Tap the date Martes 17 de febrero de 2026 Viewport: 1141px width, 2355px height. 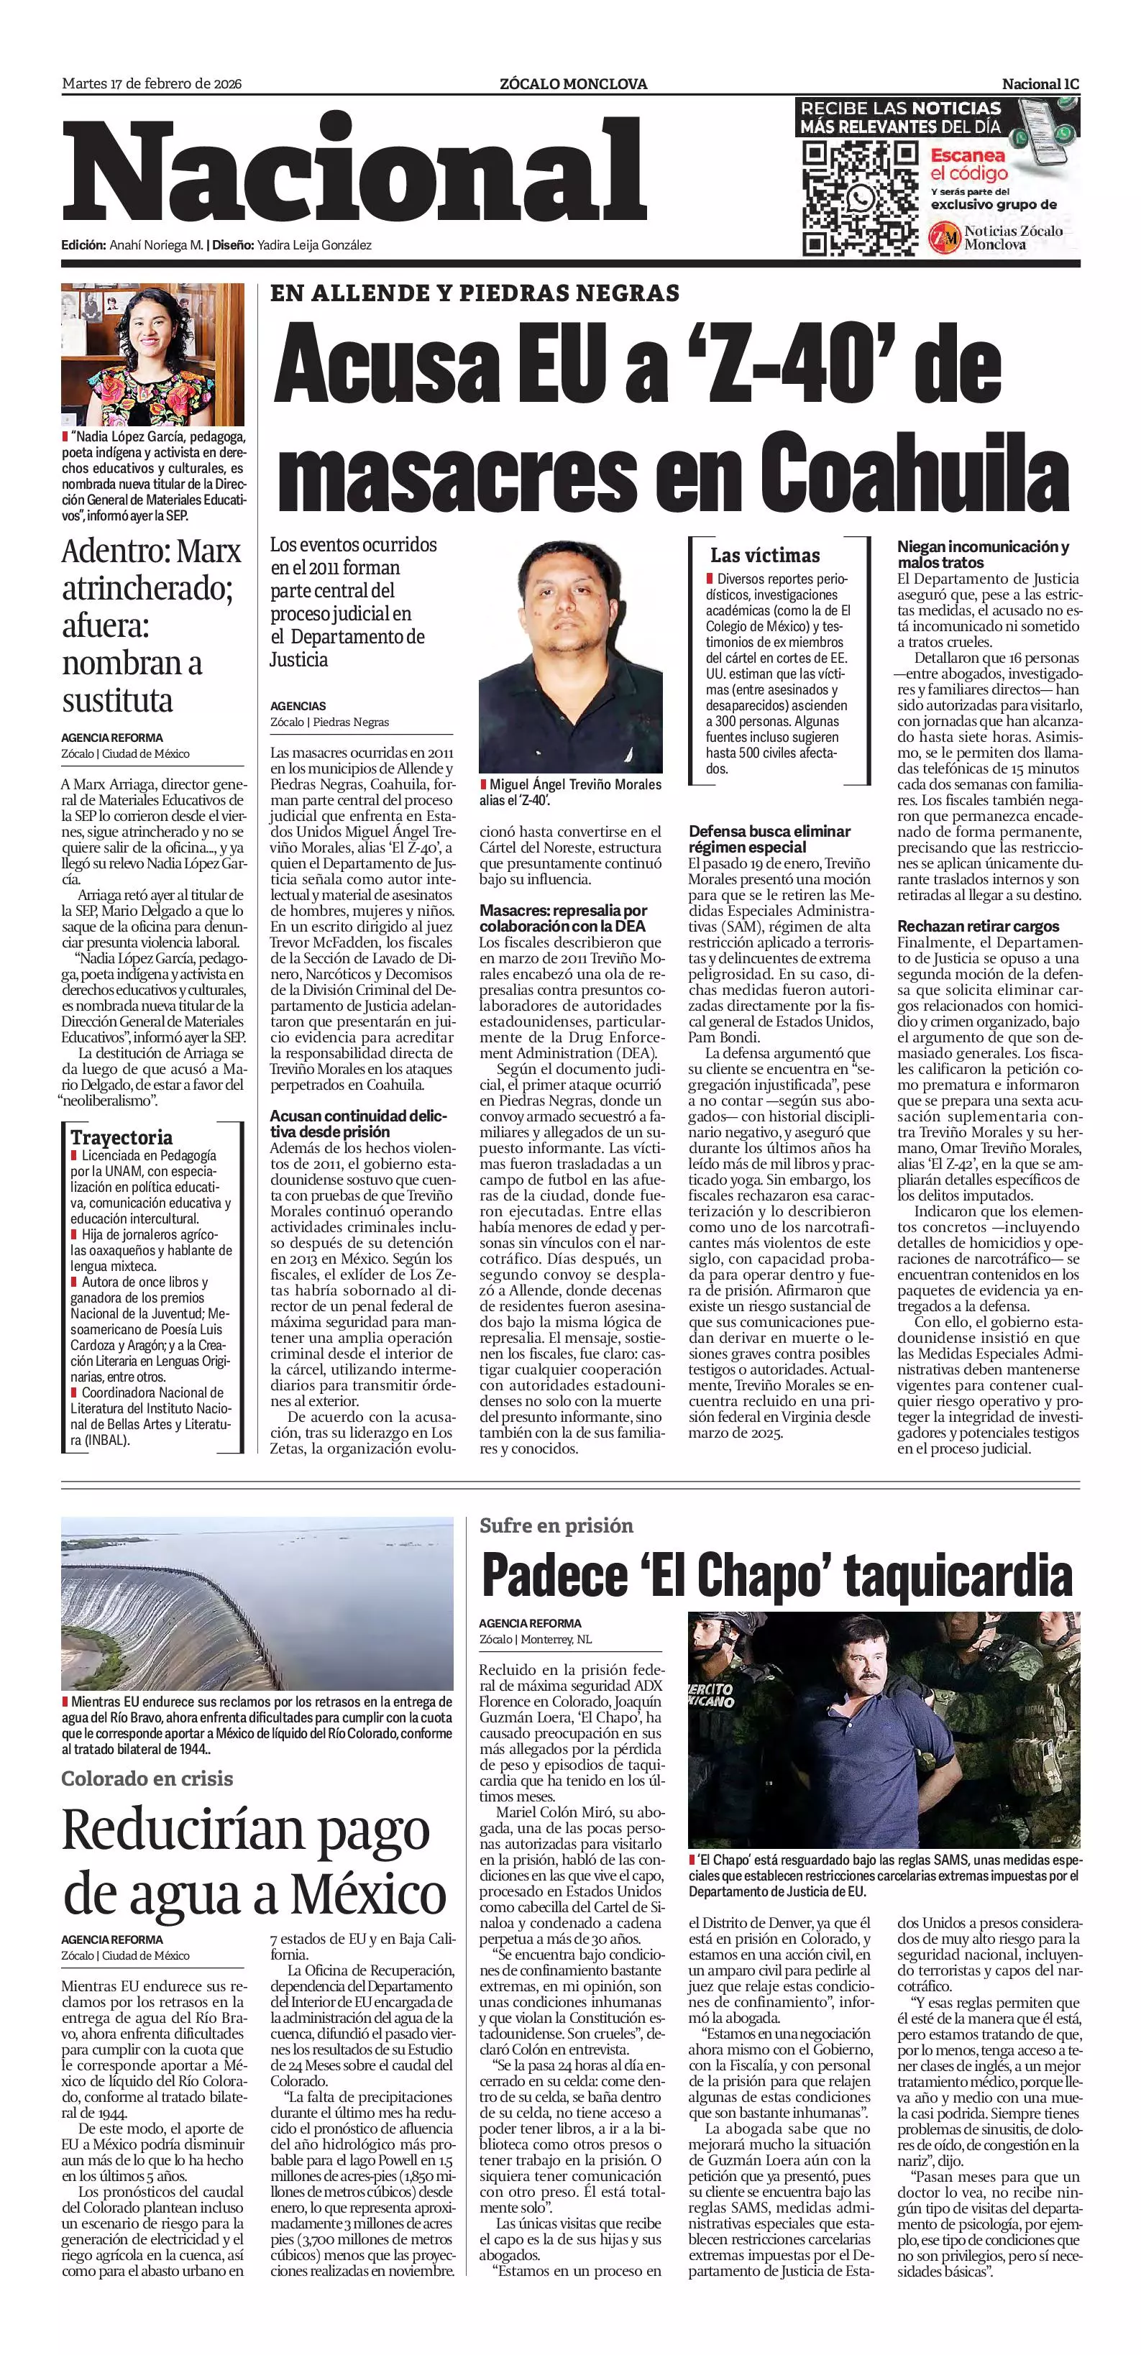pos(152,84)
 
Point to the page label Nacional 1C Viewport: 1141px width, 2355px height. pos(1040,84)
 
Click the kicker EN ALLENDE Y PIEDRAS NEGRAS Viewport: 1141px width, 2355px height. pos(475,293)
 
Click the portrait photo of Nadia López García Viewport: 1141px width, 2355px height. pos(152,354)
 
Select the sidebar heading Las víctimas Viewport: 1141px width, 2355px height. pos(764,555)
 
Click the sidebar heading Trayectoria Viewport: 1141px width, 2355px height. pos(122,1137)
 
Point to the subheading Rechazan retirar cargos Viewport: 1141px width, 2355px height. pos(977,926)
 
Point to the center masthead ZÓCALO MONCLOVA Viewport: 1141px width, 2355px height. pos(572,84)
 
